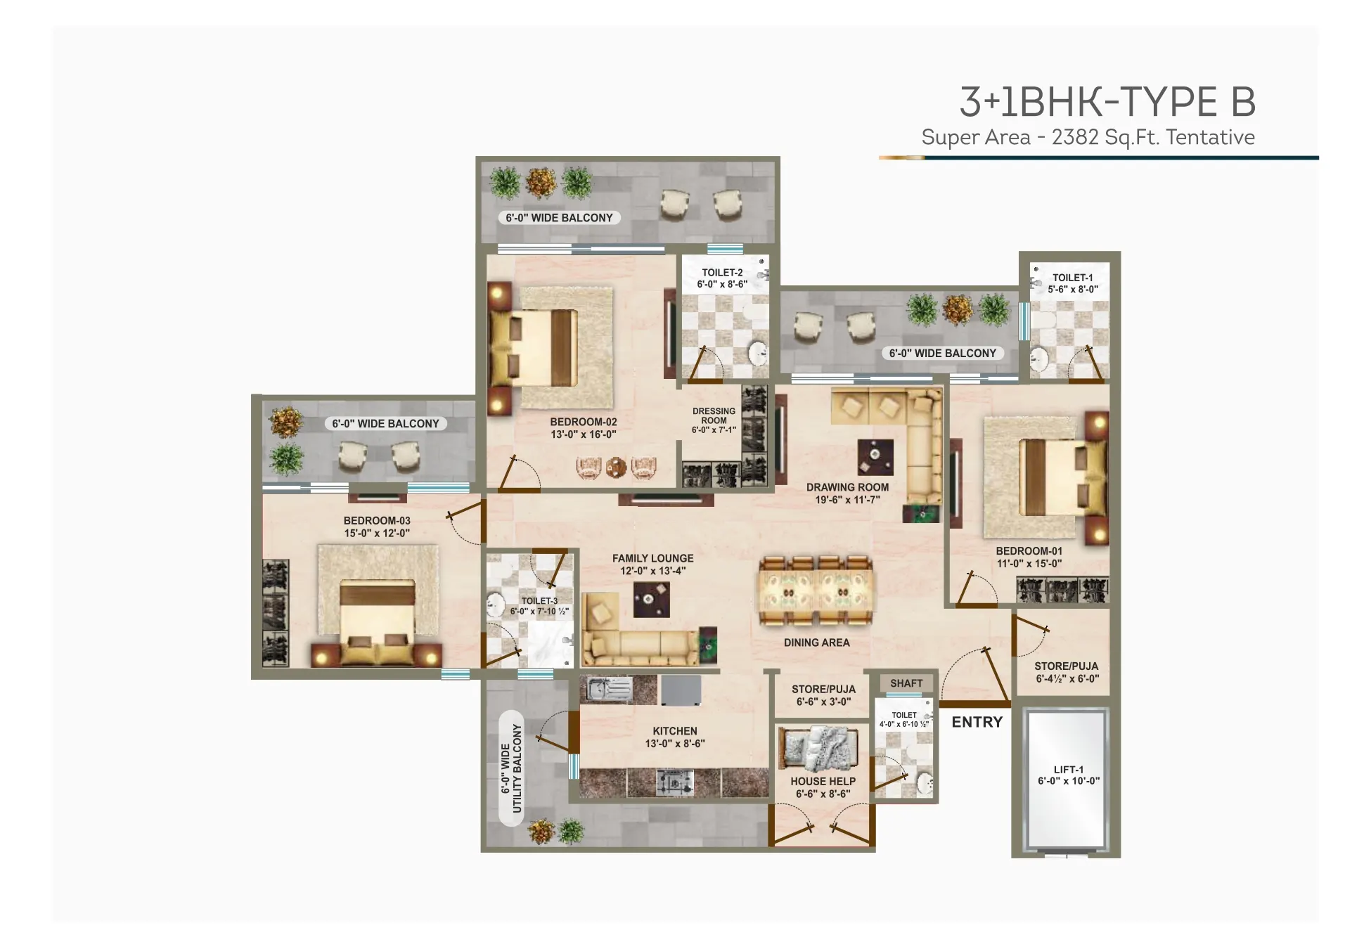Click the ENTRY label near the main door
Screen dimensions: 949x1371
tap(977, 722)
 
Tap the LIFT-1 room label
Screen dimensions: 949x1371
tap(1068, 770)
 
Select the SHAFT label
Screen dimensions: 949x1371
tap(906, 683)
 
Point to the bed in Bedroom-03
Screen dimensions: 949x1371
tap(378, 622)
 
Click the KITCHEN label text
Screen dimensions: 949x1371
tap(674, 731)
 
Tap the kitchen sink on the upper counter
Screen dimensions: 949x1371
tap(610, 689)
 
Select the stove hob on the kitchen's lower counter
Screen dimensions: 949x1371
tap(674, 782)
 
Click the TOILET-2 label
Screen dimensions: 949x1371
tap(722, 273)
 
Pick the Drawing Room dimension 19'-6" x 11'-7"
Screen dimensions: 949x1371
tap(847, 500)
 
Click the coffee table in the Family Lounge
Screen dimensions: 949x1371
tap(651, 600)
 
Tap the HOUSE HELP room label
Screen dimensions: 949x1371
tap(823, 781)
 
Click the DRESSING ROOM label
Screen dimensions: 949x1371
tap(714, 415)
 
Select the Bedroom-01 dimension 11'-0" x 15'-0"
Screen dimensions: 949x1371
tap(1029, 563)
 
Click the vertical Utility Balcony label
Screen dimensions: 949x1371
tap(512, 768)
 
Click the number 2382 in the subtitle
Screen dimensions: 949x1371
tap(1074, 137)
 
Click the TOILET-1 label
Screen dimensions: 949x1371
tap(1072, 278)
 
